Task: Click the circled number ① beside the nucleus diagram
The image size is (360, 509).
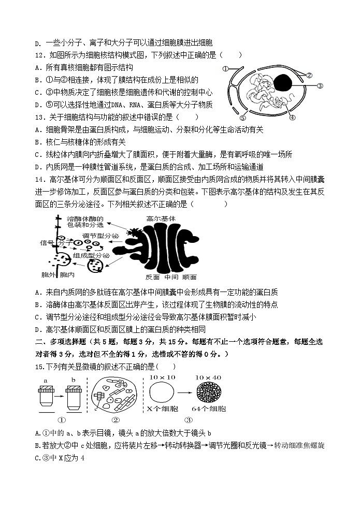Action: [225, 68]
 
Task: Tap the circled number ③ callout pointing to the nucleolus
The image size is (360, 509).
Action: [320, 86]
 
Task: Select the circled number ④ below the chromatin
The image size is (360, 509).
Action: [292, 118]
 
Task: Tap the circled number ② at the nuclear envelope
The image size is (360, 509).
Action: [309, 75]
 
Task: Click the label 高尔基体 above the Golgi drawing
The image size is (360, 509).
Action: [161, 219]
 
